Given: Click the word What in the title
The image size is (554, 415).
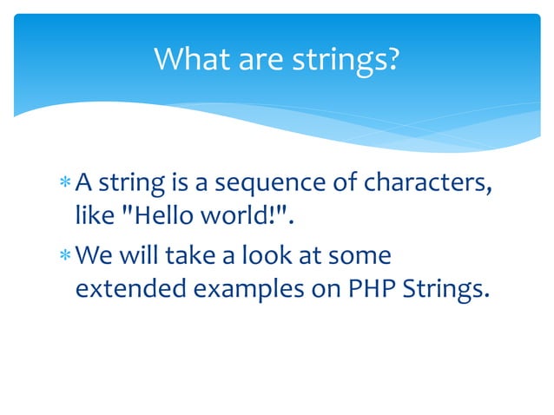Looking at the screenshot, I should pos(188,60).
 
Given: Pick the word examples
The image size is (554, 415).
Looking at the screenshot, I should pos(248,288).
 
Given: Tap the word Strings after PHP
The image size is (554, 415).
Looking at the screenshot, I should pos(443,288).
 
